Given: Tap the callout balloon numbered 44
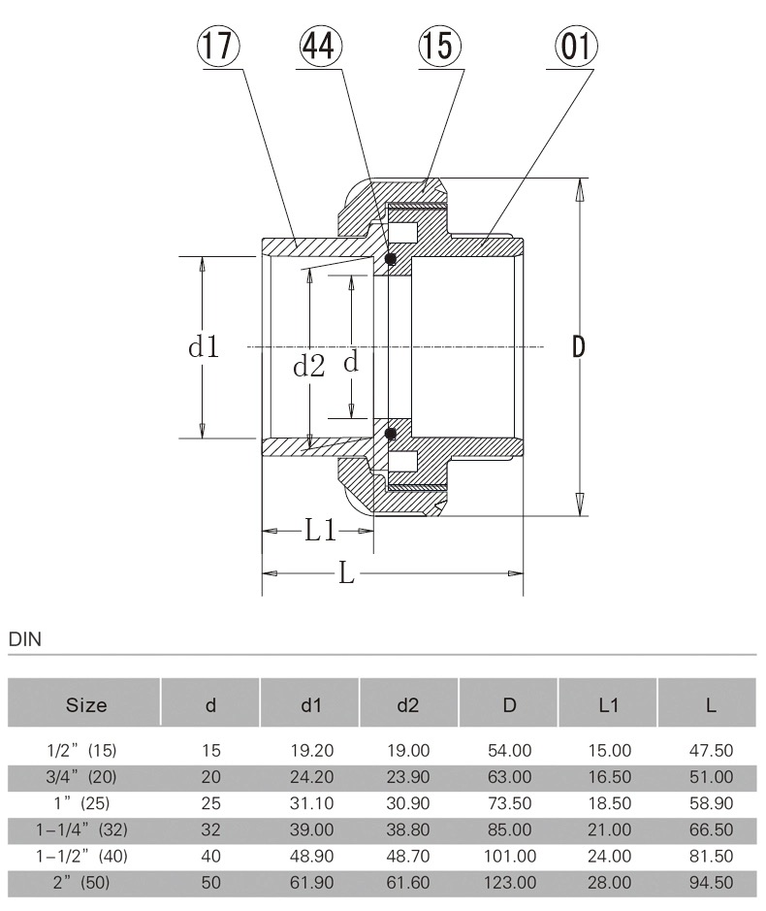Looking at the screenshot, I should (x=321, y=48).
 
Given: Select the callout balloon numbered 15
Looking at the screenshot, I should (x=439, y=48).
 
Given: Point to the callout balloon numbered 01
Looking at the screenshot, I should (x=574, y=48).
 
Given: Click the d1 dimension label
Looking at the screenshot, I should (x=204, y=347).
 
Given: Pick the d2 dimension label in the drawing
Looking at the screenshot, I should (x=309, y=367).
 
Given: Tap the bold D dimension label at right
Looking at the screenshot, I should (x=578, y=346).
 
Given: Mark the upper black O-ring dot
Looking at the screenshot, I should (x=391, y=259).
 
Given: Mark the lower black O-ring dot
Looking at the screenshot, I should (x=391, y=434).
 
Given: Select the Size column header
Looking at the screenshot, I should (x=86, y=705).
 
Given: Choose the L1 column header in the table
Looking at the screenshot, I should (x=608, y=705).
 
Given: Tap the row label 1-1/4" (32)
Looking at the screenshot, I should (x=82, y=830).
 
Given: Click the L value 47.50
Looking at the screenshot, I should (x=711, y=750).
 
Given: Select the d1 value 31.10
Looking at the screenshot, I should (x=311, y=803).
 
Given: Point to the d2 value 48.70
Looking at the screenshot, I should (x=408, y=857).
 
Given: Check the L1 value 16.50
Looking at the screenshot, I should (x=609, y=776).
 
